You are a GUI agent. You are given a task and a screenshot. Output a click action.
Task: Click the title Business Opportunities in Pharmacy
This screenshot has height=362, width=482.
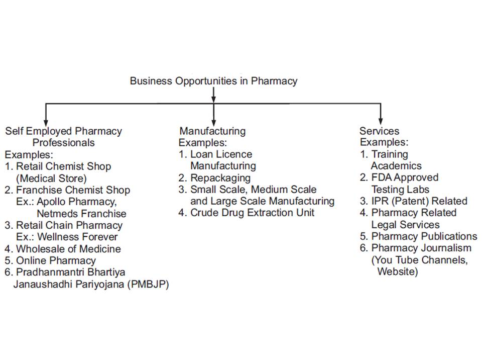(x=214, y=81)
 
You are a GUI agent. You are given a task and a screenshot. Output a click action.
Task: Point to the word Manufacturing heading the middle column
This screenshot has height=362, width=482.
(x=212, y=131)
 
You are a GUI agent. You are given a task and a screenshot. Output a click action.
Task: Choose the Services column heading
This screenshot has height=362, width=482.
(x=380, y=131)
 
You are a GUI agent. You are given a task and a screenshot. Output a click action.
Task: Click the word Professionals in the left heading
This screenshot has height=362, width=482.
(x=64, y=143)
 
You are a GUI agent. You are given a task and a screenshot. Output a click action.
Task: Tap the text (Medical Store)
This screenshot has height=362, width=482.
(x=51, y=178)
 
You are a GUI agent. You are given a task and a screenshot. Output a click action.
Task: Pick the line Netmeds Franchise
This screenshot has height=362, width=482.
(x=81, y=213)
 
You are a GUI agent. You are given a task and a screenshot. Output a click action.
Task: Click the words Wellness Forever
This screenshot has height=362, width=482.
(x=77, y=237)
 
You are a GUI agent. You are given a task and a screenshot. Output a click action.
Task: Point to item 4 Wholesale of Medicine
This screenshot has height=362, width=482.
(x=63, y=249)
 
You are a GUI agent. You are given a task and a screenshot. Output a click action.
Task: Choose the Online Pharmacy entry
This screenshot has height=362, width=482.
(x=50, y=260)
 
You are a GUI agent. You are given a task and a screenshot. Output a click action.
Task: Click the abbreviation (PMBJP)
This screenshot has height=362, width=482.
(x=148, y=284)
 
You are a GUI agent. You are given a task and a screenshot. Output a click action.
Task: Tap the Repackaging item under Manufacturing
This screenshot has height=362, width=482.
(x=214, y=178)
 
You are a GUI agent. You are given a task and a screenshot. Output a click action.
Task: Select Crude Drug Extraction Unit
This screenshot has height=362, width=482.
(x=246, y=213)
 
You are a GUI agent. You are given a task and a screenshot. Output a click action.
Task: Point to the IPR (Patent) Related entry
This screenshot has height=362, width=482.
(x=413, y=201)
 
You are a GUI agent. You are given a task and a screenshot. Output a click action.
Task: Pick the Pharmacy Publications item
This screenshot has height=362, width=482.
(x=418, y=236)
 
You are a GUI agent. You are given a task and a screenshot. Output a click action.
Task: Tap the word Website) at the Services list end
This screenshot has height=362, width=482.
(x=398, y=271)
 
